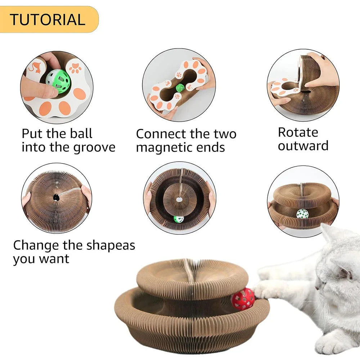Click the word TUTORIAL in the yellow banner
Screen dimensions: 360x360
[47, 19]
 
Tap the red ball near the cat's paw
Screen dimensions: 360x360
[243, 298]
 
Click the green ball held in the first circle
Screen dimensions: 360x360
[58, 81]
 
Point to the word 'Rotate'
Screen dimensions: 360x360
[298, 132]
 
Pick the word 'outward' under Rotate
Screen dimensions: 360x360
[303, 146]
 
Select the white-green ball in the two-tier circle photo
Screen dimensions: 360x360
[302, 214]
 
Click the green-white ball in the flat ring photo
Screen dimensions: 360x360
[178, 219]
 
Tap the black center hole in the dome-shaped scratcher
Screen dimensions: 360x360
[57, 197]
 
